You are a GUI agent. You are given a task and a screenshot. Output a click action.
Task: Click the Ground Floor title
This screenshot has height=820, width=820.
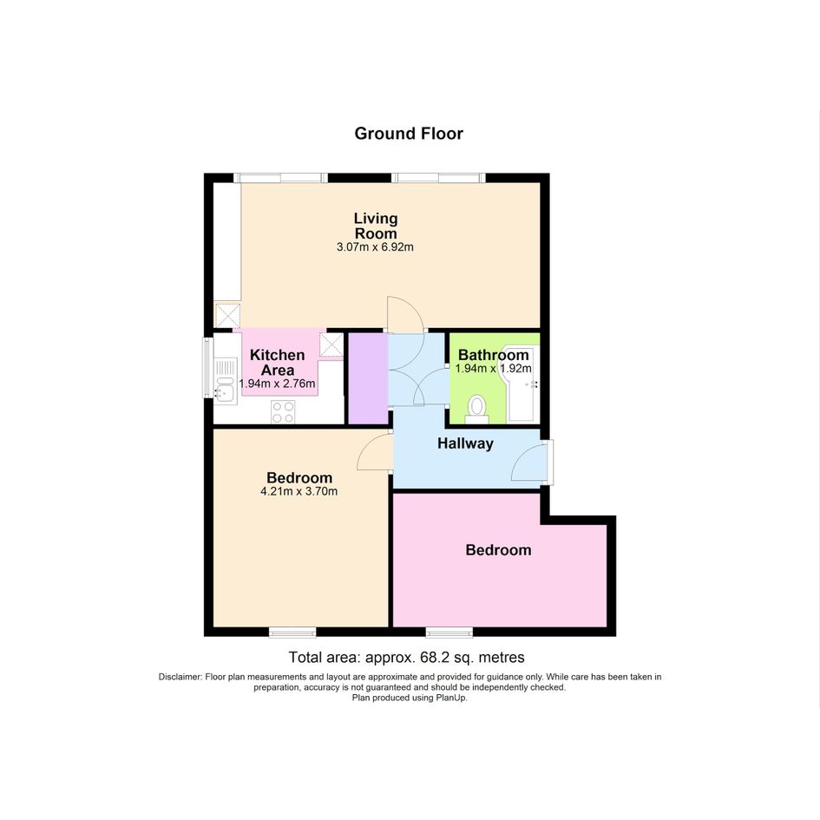click(x=409, y=134)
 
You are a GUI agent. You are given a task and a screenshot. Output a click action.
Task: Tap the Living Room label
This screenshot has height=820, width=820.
click(x=376, y=226)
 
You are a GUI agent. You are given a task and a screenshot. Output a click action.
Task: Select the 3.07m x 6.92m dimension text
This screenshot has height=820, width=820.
click(x=375, y=246)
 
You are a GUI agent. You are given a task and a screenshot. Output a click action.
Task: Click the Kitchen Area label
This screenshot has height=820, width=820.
click(x=277, y=363)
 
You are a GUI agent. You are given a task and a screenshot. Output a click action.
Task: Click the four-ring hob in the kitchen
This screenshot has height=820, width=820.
click(x=283, y=411)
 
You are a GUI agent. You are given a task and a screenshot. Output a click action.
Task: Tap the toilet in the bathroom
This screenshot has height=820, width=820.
click(x=476, y=410)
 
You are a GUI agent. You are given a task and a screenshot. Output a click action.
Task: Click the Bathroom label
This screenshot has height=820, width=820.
click(x=493, y=355)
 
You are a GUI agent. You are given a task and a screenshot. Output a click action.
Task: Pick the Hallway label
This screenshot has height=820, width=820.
click(x=465, y=443)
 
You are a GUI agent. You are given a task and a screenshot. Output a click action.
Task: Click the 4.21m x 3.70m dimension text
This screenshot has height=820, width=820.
click(x=298, y=492)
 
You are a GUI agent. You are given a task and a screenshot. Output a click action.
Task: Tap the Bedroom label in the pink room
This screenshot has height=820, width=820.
click(x=498, y=549)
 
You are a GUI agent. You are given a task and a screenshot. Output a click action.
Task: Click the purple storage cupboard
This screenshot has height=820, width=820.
click(x=368, y=378)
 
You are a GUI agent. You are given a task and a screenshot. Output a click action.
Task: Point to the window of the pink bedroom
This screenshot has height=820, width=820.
click(x=449, y=633)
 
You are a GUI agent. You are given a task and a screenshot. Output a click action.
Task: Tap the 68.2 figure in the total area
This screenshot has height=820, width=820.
click(x=428, y=657)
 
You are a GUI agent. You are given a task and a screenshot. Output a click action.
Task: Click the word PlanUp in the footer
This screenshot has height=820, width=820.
click(x=451, y=698)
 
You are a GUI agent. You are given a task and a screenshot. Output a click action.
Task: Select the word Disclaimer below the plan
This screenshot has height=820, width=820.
click(x=180, y=677)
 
